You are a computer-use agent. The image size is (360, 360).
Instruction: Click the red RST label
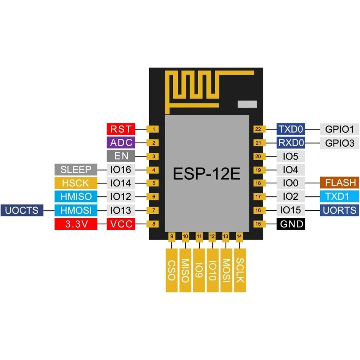click(120, 129)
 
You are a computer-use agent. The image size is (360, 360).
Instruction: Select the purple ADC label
click(120, 143)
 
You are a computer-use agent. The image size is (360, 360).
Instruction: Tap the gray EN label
click(120, 156)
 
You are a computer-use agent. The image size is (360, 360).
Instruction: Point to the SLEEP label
click(76, 169)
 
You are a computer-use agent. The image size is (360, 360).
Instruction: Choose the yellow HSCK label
click(76, 183)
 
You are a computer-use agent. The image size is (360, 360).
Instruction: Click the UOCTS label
click(22, 210)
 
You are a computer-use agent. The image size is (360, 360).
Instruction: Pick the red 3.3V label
click(76, 224)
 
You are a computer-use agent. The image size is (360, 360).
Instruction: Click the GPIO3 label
click(339, 143)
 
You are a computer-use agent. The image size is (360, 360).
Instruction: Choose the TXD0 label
click(291, 129)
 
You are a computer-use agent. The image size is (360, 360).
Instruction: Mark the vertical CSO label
click(172, 270)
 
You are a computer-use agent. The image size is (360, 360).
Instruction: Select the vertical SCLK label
click(240, 270)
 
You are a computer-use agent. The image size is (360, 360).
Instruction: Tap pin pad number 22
click(258, 129)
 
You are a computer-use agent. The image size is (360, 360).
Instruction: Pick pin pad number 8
click(153, 224)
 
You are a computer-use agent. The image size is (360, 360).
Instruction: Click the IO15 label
click(291, 210)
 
